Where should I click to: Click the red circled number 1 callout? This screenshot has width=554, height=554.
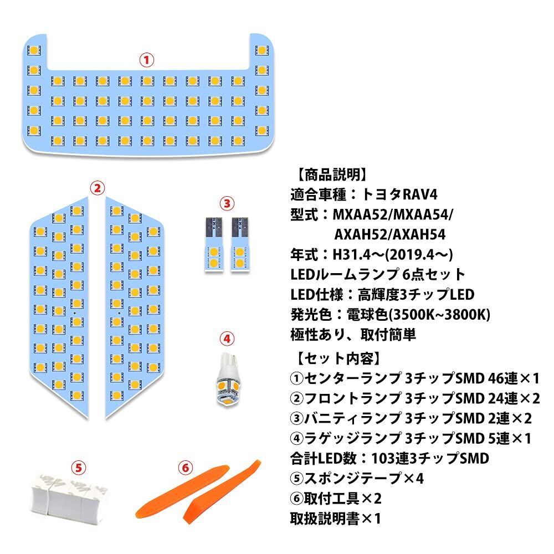pos(146,60)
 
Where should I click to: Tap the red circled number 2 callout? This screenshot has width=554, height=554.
pos(97,188)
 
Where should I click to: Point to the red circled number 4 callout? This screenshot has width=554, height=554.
pos(227,338)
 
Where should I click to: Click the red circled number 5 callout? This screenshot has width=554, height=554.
pos(80,468)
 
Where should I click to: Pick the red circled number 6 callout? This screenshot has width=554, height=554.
pos(184,468)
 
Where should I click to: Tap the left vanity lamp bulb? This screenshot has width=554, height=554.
pos(212,243)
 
